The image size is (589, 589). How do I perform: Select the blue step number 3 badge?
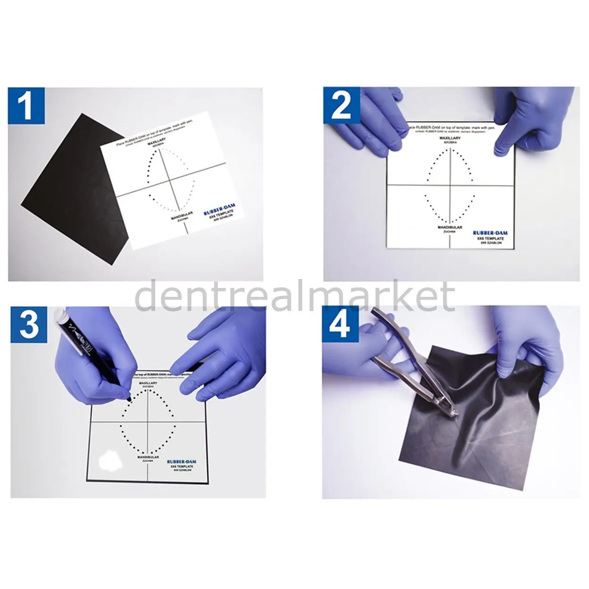click(27, 325)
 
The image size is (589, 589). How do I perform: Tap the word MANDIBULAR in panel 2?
click(450, 227)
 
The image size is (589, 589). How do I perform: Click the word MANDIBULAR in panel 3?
click(147, 457)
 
